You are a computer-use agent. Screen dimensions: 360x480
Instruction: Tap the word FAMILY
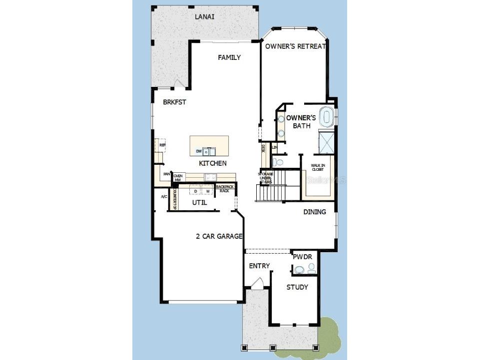229,57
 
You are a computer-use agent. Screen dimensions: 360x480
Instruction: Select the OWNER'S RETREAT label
296,46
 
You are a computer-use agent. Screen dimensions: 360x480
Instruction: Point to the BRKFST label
174,102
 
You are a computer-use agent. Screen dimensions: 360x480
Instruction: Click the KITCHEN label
213,163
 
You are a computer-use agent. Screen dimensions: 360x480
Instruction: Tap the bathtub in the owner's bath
327,117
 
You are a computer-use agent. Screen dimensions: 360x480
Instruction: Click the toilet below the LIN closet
279,162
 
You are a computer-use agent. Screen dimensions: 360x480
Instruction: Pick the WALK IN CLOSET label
318,167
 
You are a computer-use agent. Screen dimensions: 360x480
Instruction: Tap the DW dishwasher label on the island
199,151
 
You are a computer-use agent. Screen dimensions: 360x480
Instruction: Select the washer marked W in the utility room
206,191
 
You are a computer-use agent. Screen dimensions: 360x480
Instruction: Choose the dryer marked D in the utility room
195,191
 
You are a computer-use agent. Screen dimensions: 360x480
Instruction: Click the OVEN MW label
177,178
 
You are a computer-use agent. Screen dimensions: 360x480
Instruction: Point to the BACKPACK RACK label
225,188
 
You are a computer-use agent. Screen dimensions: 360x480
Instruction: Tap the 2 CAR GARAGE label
219,236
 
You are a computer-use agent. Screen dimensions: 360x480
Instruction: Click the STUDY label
297,287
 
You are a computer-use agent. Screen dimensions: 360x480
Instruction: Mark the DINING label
315,212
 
